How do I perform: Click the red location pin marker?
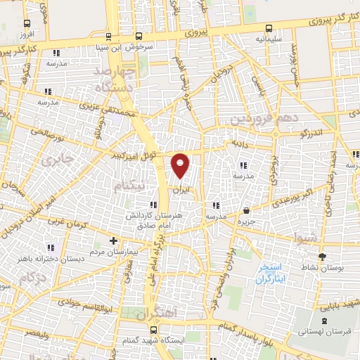(x=181, y=165)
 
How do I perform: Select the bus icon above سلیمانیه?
(x=269, y=29)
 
